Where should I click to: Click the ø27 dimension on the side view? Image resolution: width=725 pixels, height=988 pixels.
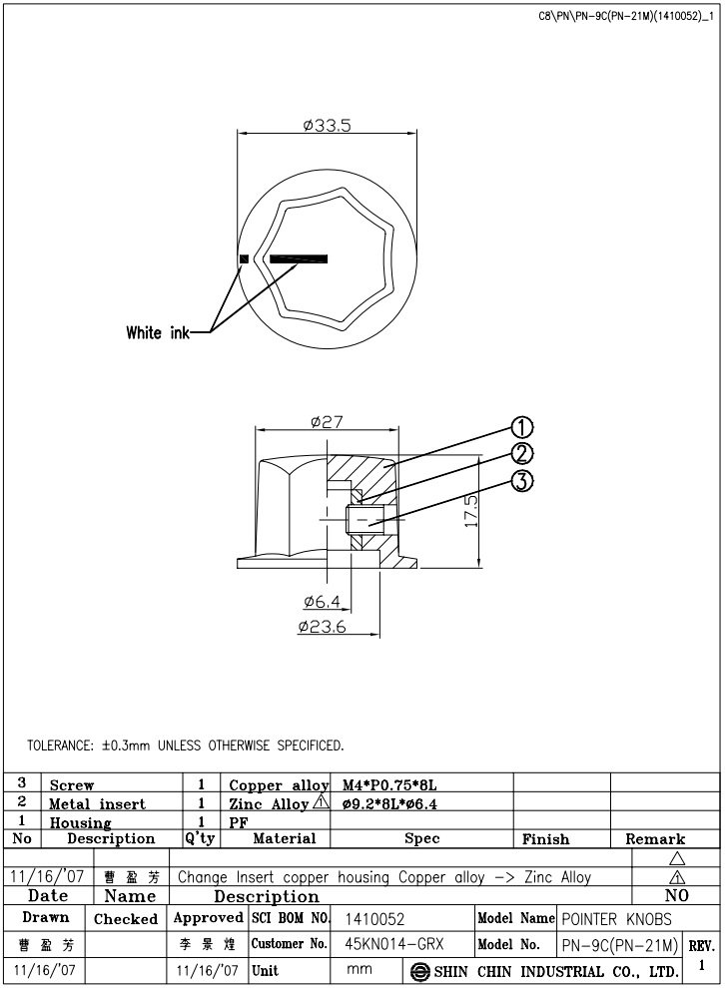(327, 422)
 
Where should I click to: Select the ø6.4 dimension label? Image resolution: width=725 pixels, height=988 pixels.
(324, 602)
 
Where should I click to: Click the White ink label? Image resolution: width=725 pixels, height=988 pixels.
(158, 332)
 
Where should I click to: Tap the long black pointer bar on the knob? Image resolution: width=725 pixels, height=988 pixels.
(299, 259)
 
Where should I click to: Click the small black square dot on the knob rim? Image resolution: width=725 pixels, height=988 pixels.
(243, 259)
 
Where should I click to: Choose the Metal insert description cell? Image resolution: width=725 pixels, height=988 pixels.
(98, 803)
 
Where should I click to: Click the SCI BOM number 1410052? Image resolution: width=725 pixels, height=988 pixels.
(373, 918)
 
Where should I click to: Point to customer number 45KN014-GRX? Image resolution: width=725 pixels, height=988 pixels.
(393, 943)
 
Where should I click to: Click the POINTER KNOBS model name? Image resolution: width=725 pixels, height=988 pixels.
(615, 918)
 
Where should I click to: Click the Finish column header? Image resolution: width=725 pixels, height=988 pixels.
(545, 839)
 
